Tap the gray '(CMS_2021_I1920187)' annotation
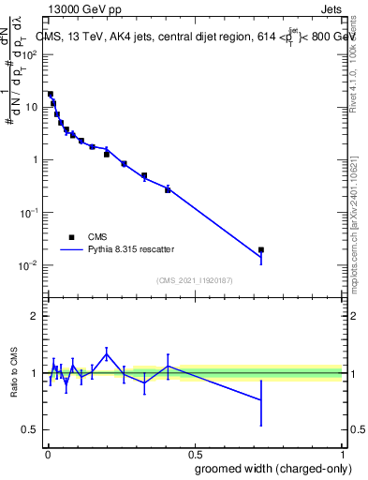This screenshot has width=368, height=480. (x=193, y=279)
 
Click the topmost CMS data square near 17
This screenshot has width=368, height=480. (x=51, y=94)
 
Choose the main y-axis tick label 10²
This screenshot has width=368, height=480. (x=28, y=53)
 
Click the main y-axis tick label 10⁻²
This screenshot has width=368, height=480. (x=28, y=265)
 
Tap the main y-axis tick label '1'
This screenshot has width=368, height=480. (x=34, y=159)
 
